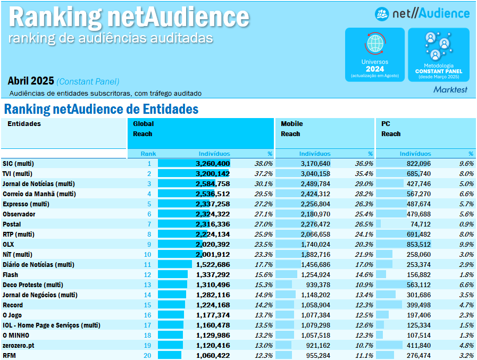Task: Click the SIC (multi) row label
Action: (18, 163)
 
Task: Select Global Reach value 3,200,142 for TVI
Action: (212, 173)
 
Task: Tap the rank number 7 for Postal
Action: (149, 224)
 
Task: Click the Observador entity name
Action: (19, 214)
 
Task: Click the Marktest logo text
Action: (450, 89)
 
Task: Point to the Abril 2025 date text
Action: (31, 81)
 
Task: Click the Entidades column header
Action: (24, 124)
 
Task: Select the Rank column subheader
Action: (148, 154)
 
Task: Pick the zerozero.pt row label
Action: (20, 345)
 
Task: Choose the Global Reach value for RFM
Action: (212, 355)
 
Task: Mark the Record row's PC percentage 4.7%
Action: (466, 305)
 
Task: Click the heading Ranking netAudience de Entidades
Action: (101, 110)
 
